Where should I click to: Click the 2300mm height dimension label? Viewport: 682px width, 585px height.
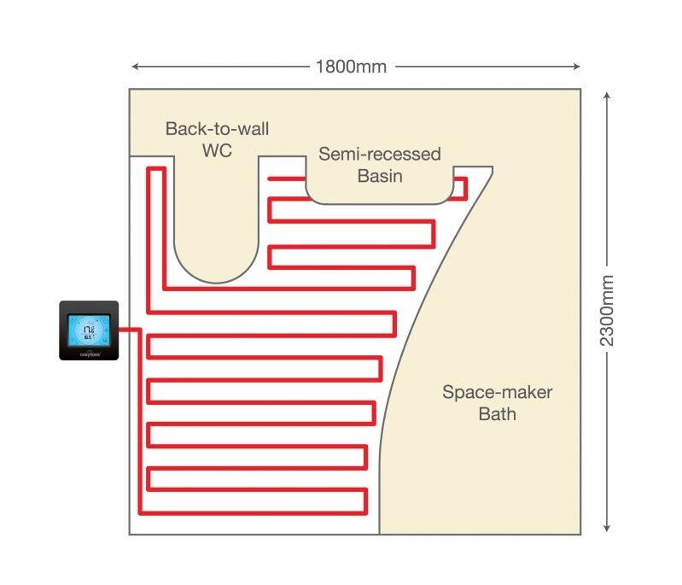(606, 310)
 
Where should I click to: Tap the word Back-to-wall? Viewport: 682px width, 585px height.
(217, 130)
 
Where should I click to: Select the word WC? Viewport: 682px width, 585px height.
(217, 150)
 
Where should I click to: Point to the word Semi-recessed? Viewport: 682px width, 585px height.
(380, 155)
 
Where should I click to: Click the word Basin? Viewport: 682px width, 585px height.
(380, 176)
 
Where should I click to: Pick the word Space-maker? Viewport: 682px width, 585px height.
(497, 393)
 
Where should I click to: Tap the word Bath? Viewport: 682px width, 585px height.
(497, 415)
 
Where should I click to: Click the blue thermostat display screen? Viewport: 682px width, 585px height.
(89, 328)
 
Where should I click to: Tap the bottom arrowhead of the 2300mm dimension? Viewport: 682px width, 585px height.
(606, 528)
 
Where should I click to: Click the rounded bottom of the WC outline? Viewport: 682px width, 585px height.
(216, 278)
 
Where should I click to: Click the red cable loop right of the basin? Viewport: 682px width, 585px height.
(461, 188)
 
